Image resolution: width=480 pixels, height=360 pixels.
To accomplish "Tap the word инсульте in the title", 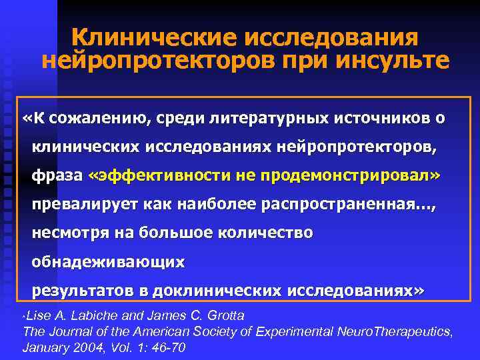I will [x=395, y=61].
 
